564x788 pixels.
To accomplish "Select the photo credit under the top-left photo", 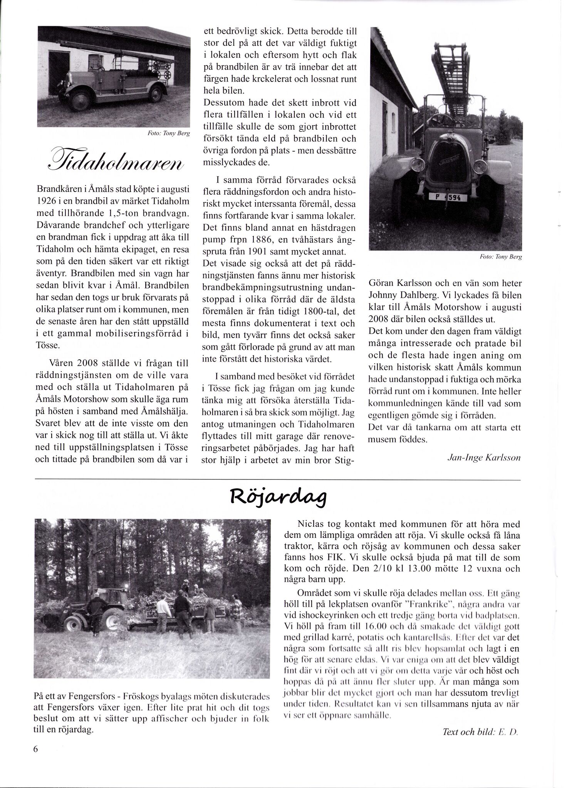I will coord(170,133).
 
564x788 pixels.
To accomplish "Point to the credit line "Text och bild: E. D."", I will coord(482,732).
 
